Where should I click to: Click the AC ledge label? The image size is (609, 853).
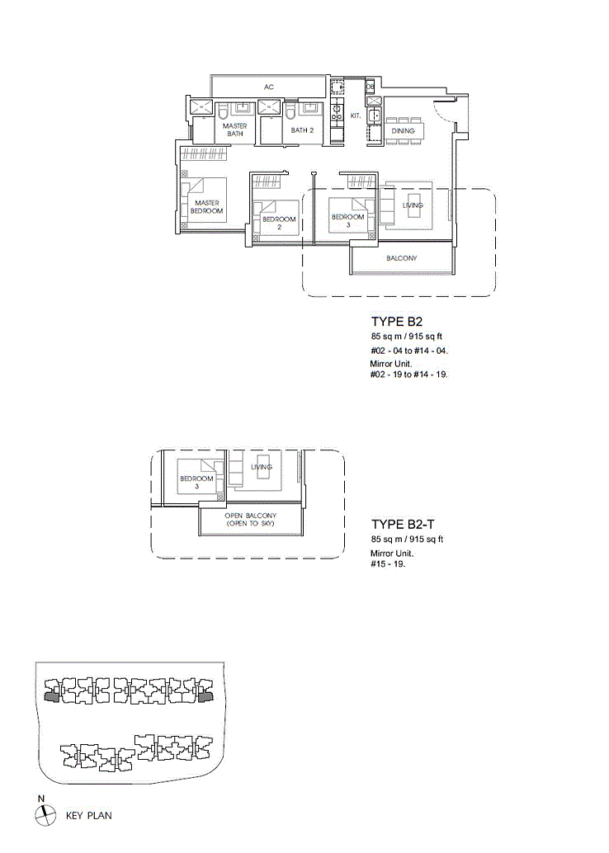click(x=269, y=87)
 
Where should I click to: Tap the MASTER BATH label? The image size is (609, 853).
click(x=235, y=130)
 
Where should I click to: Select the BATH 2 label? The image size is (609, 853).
click(x=302, y=130)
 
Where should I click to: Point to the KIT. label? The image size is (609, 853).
click(x=356, y=115)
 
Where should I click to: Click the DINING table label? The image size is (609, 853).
click(x=404, y=131)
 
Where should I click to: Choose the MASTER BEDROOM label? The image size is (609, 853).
click(x=207, y=207)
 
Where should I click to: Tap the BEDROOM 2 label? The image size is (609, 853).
click(x=279, y=223)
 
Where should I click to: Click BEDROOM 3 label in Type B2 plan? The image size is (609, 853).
click(x=347, y=220)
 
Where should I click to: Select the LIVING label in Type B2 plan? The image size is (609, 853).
click(x=413, y=205)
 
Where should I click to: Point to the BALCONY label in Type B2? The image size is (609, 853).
click(x=402, y=258)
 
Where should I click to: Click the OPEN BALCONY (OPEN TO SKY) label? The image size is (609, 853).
click(x=250, y=520)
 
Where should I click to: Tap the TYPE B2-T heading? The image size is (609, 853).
click(x=404, y=525)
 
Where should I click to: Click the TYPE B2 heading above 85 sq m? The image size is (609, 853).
click(x=397, y=322)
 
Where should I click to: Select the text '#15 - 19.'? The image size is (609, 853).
click(x=388, y=564)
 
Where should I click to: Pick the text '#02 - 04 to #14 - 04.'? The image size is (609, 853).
click(x=409, y=351)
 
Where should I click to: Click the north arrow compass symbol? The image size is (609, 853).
click(x=45, y=815)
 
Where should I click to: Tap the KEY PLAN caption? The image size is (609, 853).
click(x=89, y=815)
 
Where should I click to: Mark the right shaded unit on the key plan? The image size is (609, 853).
click(x=205, y=697)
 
